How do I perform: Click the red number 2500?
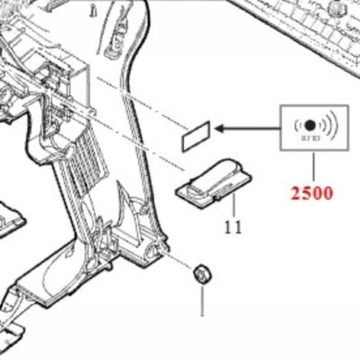[311, 193]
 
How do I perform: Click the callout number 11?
[233, 227]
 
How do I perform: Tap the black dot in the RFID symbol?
[310, 125]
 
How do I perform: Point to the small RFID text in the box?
[310, 139]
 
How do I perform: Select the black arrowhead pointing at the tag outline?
[220, 129]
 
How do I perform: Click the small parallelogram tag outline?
[196, 136]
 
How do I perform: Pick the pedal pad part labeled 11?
[214, 182]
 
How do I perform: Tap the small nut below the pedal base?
[202, 273]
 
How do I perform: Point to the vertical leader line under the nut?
[202, 300]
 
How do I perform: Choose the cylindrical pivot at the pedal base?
[152, 249]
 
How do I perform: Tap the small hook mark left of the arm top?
[94, 11]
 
